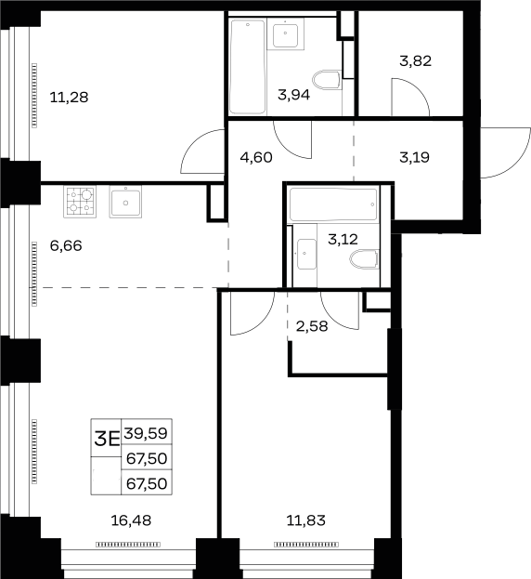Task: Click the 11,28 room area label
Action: click(x=69, y=98)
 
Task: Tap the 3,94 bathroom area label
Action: click(x=294, y=95)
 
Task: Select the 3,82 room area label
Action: click(x=415, y=61)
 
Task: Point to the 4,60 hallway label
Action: click(x=256, y=158)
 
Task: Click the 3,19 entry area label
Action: click(x=414, y=158)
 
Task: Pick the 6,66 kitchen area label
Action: click(x=66, y=245)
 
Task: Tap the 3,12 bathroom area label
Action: click(x=343, y=240)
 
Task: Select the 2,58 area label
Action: click(x=312, y=326)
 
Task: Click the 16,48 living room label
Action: click(x=131, y=520)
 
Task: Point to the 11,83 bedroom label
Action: click(x=306, y=520)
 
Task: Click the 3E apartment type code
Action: click(x=107, y=439)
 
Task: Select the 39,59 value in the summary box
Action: click(x=146, y=433)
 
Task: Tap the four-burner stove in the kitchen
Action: click(x=80, y=202)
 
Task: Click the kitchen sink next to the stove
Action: click(x=125, y=202)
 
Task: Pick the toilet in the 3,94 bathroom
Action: click(x=327, y=80)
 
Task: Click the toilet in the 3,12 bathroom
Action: click(x=364, y=259)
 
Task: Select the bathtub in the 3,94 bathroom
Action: click(x=248, y=67)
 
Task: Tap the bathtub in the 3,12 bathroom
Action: click(x=333, y=205)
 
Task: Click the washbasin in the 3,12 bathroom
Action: click(x=305, y=254)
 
